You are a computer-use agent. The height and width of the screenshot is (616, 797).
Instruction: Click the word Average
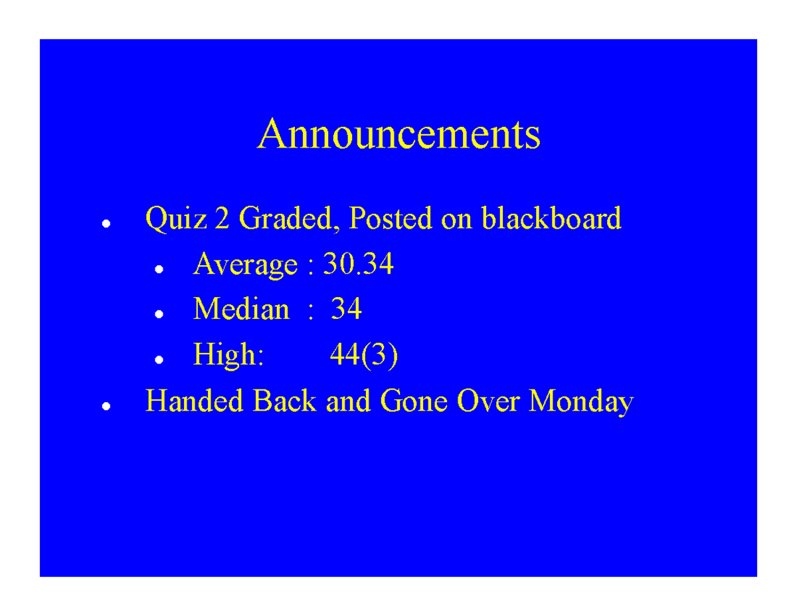click(245, 266)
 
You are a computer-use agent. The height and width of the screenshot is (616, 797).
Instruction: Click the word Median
click(241, 309)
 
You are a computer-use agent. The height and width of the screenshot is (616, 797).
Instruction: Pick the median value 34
click(346, 309)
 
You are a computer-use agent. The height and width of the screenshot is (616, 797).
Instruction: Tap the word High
click(228, 356)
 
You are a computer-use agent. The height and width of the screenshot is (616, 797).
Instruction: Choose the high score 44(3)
click(363, 356)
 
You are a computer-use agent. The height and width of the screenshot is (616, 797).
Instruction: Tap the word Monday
click(582, 402)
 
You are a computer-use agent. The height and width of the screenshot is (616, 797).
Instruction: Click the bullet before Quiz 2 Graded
click(105, 224)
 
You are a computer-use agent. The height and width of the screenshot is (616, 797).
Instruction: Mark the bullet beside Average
click(159, 270)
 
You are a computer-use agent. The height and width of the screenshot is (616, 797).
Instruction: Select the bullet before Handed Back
click(105, 406)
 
